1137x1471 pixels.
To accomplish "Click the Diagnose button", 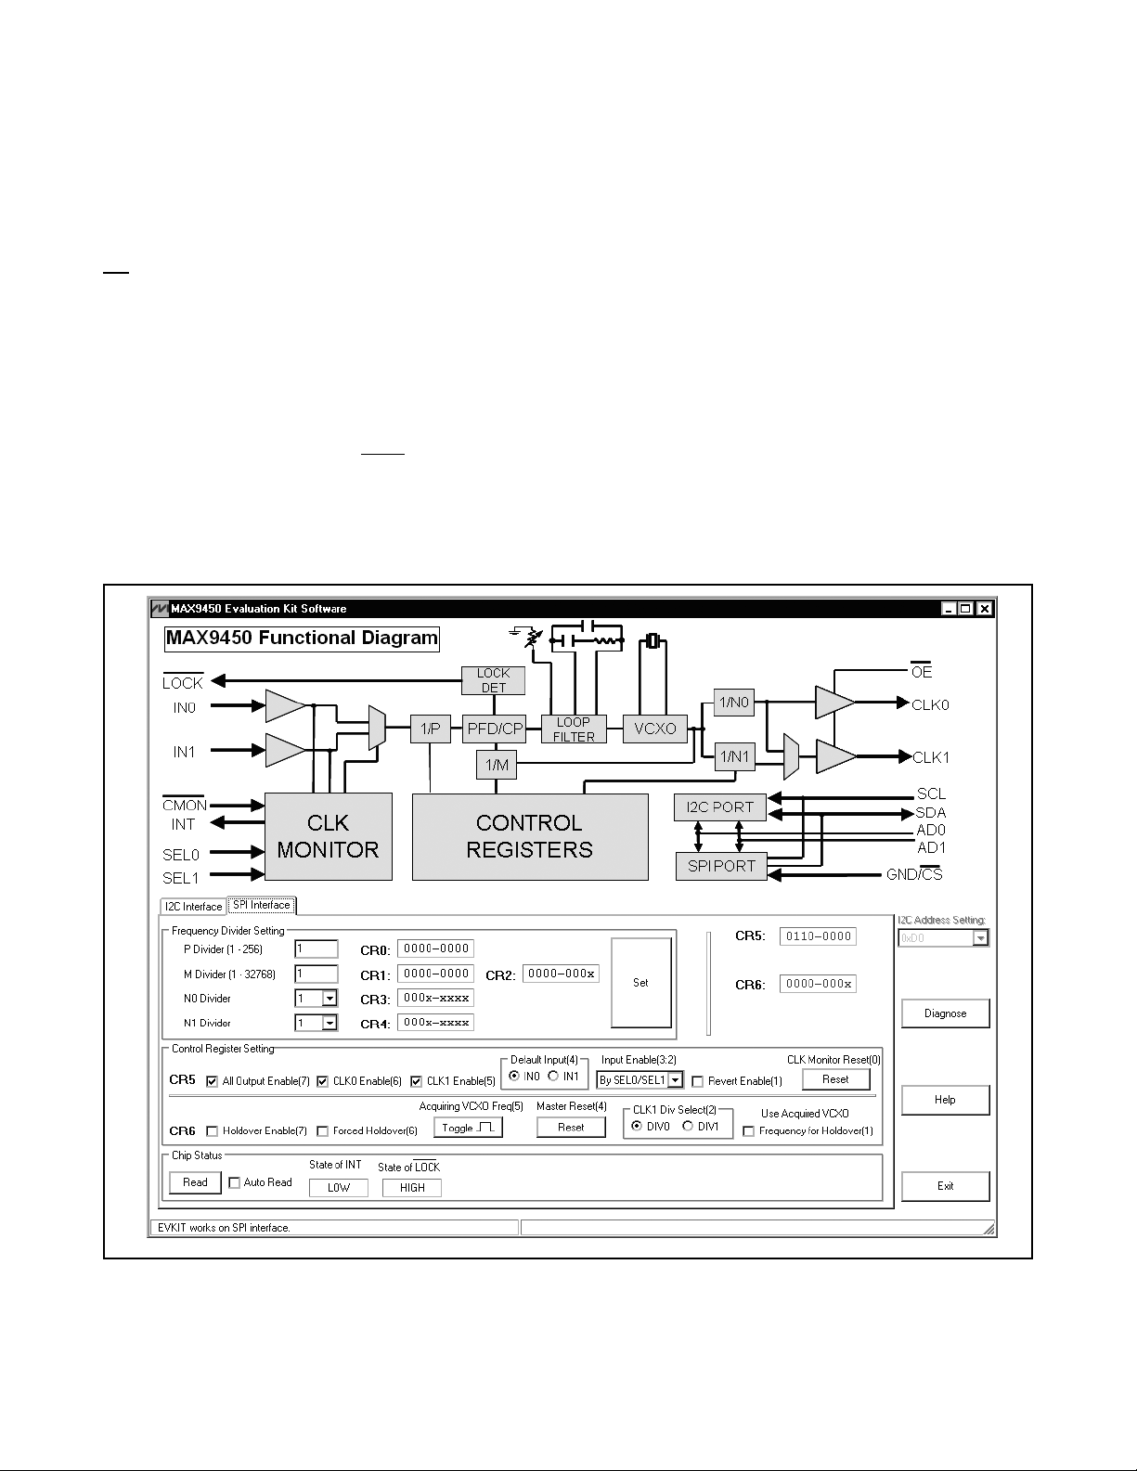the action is (x=945, y=1013).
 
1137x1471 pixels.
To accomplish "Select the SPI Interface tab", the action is (x=261, y=905).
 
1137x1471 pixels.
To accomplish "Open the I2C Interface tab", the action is (x=193, y=907).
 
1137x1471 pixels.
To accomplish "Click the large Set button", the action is (x=641, y=982).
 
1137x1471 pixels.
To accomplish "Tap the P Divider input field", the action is (x=317, y=949).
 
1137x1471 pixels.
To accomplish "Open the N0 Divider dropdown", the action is (x=329, y=999).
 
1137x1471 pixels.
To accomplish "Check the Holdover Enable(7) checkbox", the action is (x=212, y=1131).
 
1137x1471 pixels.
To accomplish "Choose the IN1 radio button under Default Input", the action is (x=553, y=1077).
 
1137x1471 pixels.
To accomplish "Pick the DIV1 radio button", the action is (x=688, y=1126).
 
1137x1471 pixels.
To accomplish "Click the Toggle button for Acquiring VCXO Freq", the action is (x=469, y=1128).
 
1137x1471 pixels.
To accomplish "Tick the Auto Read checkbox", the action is (x=234, y=1182).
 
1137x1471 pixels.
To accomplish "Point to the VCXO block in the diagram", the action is (x=654, y=729).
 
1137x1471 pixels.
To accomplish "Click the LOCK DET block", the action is (x=494, y=680).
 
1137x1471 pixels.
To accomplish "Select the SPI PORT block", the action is (x=721, y=867).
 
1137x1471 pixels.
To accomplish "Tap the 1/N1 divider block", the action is (x=734, y=756).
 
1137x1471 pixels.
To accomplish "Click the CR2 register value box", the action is (x=561, y=974).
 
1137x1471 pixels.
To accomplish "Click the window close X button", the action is (x=986, y=609).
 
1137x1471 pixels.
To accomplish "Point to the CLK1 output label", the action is (x=931, y=757).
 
